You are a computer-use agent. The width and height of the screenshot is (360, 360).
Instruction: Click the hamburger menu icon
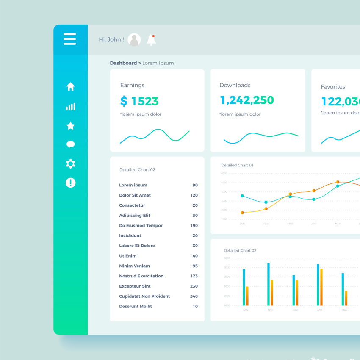70,39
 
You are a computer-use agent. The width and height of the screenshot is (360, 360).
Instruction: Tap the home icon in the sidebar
70,87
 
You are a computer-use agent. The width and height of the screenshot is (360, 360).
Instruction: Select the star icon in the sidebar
70,126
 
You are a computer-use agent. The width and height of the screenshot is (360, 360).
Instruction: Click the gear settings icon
70,163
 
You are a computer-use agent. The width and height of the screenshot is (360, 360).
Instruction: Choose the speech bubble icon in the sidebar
70,144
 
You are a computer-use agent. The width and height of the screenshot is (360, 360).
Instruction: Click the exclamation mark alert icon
70,183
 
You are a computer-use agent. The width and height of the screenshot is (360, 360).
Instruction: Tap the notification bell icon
151,40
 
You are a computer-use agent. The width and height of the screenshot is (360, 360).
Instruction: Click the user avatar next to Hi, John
134,40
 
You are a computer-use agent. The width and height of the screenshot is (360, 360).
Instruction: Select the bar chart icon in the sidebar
70,107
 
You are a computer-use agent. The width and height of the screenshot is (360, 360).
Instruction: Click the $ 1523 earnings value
139,101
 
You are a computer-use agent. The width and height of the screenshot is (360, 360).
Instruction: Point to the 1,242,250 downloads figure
246,100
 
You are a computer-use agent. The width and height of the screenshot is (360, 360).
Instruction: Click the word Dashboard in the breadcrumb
123,63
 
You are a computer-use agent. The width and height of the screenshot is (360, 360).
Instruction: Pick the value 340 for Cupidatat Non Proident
194,296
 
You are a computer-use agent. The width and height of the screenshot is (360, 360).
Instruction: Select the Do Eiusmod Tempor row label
141,226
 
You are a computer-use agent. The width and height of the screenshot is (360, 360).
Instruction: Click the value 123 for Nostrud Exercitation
194,276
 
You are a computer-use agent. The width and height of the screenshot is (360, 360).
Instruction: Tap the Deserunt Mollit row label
136,307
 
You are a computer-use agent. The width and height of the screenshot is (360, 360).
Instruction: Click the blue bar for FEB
269,284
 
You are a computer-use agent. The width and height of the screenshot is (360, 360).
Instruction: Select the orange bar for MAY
346,298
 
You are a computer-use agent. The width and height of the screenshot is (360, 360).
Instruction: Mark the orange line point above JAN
242,213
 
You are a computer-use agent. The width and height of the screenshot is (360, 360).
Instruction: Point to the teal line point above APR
314,199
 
